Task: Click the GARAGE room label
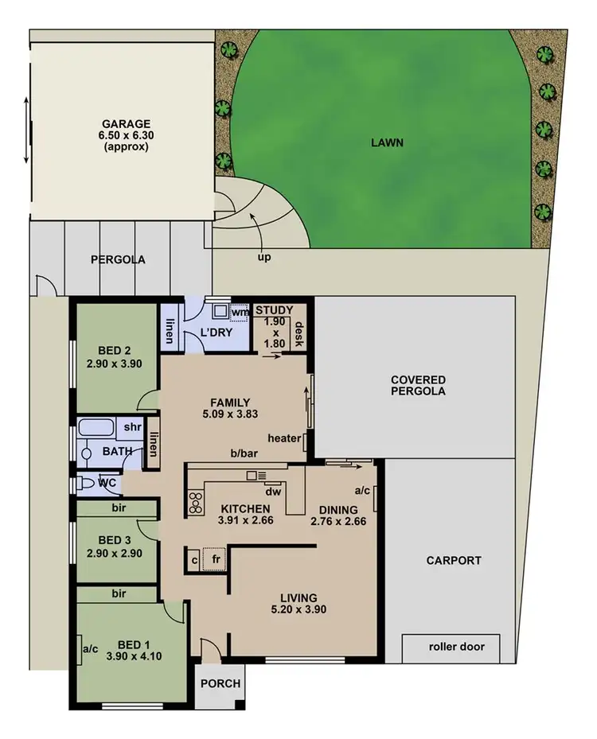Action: pos(126,124)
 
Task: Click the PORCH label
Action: pos(220,683)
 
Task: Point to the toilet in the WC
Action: pos(86,482)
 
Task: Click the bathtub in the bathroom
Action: pos(97,428)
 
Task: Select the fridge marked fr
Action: pos(213,560)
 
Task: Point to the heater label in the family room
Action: pos(283,438)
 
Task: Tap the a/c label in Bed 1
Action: pos(90,648)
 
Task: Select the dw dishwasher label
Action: pos(273,492)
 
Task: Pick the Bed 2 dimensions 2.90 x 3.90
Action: pos(115,364)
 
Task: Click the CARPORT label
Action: pos(454,560)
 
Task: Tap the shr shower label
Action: pos(132,426)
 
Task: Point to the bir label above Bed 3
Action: pos(119,507)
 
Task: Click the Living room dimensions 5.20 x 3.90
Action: pos(298,610)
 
